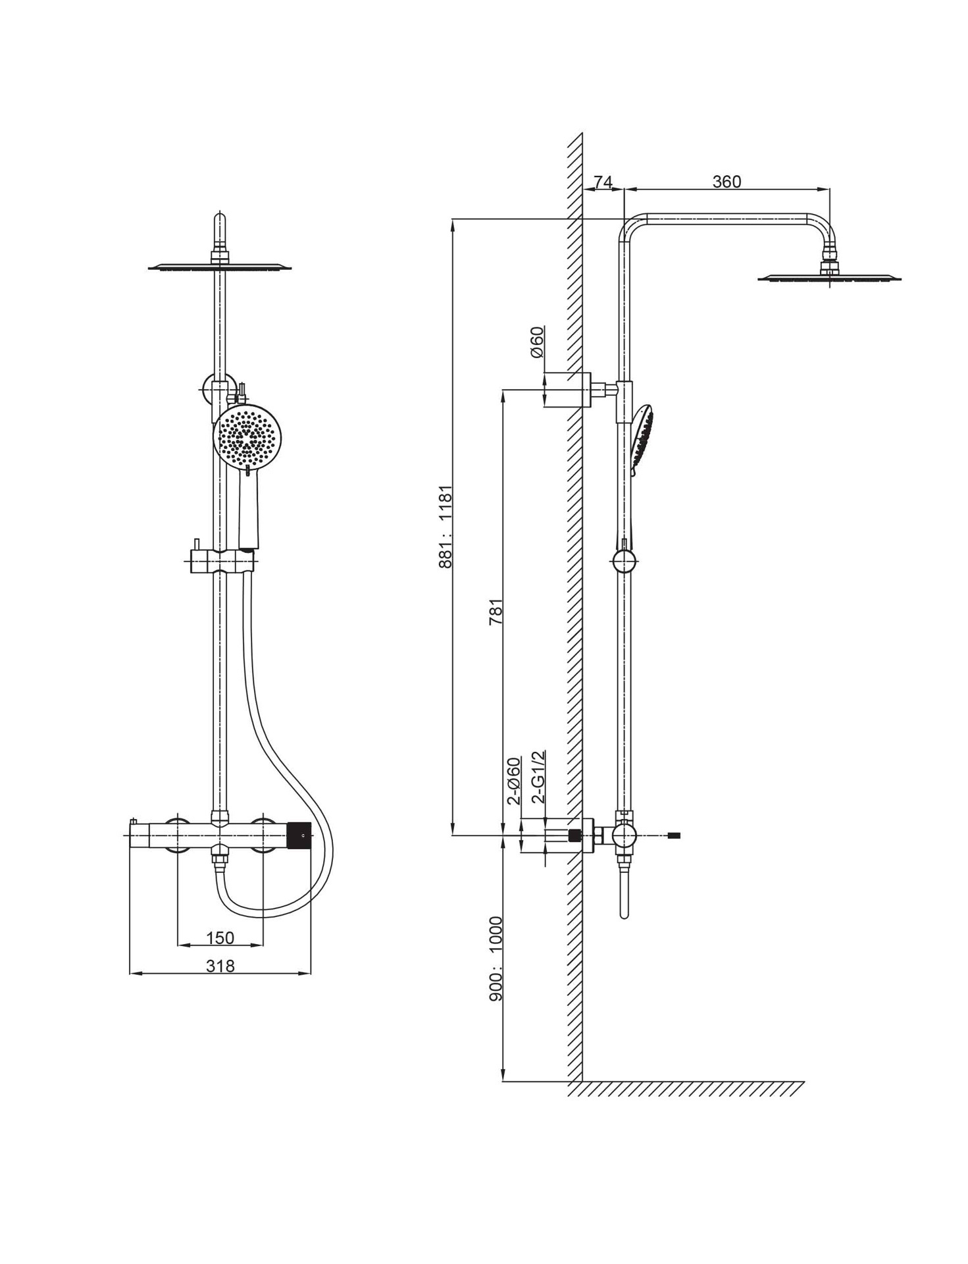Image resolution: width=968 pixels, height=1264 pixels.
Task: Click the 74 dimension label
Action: pos(603,182)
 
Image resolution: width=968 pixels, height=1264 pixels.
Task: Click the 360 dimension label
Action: pos(726,182)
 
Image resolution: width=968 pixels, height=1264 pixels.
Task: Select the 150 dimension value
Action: pos(220,937)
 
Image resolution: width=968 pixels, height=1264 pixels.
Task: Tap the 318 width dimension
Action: pos(220,966)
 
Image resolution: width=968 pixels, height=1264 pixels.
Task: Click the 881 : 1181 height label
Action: pos(446,527)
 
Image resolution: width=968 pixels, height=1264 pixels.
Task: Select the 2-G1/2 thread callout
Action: pos(538,777)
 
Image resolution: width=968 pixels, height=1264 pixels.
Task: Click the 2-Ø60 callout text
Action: pos(514,781)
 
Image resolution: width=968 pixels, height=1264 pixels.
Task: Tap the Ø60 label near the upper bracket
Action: pos(537,342)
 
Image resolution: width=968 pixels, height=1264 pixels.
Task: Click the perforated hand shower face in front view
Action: pos(247,436)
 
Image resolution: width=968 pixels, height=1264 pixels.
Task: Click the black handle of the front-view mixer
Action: pos(299,835)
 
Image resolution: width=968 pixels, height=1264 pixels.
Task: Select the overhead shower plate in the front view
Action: pos(220,267)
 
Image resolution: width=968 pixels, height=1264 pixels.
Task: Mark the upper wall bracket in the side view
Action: pos(568,390)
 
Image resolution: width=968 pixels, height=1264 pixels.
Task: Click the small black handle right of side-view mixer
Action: pos(673,836)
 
